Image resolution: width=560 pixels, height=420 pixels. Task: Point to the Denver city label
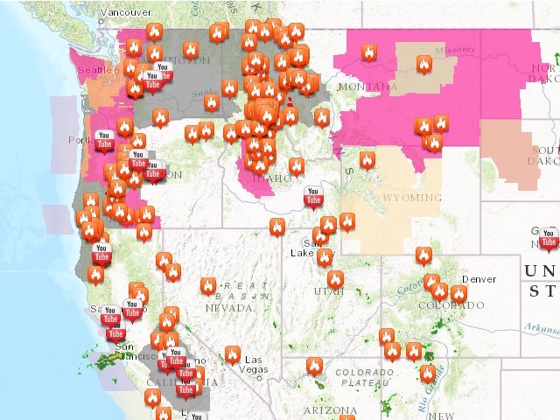(x=479, y=279)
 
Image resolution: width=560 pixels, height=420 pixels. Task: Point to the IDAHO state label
(x=273, y=178)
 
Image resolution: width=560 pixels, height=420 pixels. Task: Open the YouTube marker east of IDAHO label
(x=312, y=197)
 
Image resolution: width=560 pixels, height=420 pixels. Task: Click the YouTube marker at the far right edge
(x=549, y=237)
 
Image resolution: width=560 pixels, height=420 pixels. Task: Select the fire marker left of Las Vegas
(x=232, y=354)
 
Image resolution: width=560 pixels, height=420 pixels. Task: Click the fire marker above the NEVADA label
(x=208, y=285)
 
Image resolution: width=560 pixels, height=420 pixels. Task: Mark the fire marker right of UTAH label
(x=335, y=279)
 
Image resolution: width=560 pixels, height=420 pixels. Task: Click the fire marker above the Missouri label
(x=424, y=65)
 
